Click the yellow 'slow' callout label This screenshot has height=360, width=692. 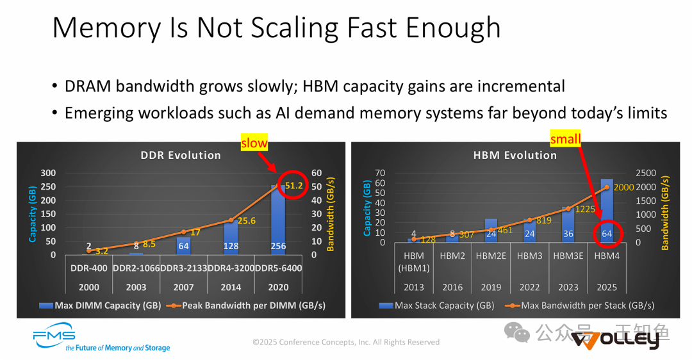click(x=254, y=143)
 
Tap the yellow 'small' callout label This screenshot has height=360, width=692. click(x=565, y=138)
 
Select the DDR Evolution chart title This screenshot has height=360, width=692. click(x=181, y=155)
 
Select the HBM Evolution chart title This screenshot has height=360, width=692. click(x=515, y=155)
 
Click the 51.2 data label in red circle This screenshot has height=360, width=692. click(x=294, y=186)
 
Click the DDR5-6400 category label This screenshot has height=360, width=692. click(x=278, y=268)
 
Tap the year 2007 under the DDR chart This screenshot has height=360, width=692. click(x=183, y=287)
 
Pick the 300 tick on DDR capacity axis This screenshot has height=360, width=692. click(x=49, y=173)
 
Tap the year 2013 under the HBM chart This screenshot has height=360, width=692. click(x=414, y=287)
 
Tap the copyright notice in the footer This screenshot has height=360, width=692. click(x=346, y=342)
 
